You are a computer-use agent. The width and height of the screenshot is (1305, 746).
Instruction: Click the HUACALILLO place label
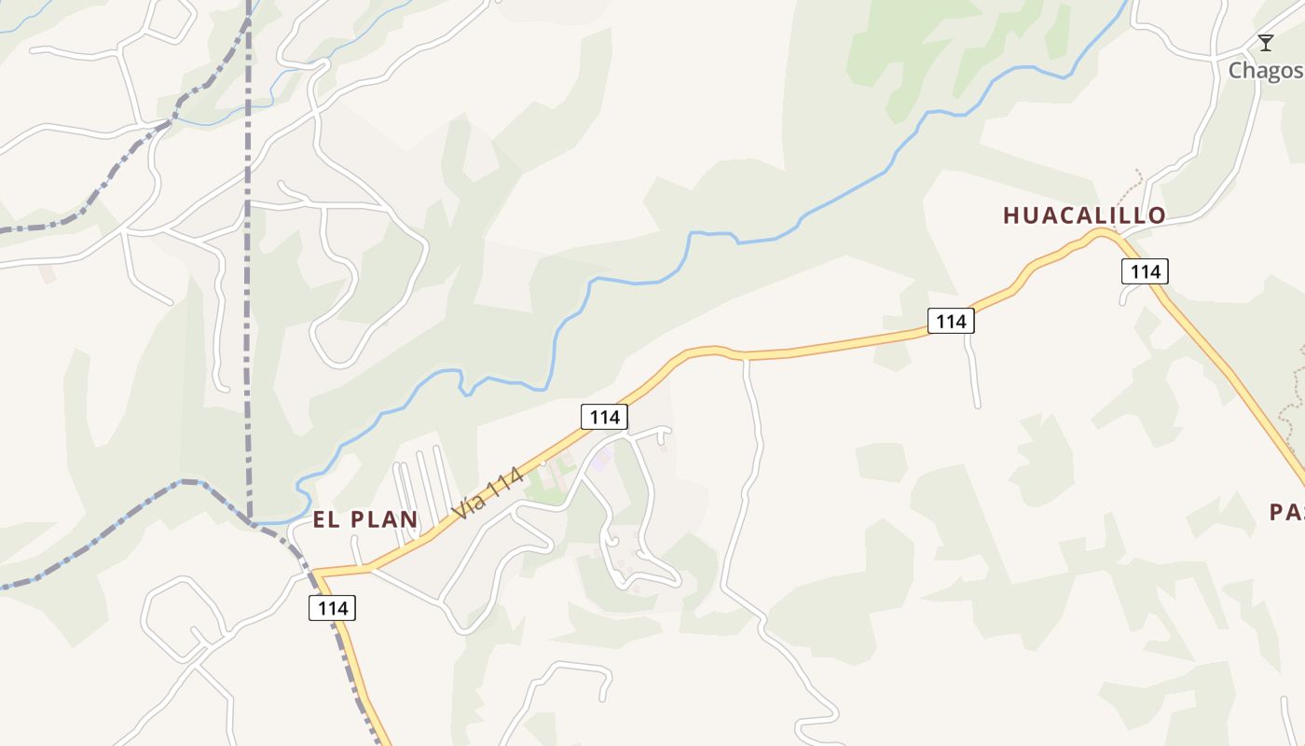tap(1084, 215)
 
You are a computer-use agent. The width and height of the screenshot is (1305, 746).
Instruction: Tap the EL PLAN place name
tap(364, 519)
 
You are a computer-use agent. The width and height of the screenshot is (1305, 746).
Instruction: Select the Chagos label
tap(1264, 70)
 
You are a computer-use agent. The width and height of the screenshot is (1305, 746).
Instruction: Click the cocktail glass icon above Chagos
tap(1265, 43)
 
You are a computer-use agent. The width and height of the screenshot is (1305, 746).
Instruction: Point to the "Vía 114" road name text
tap(487, 491)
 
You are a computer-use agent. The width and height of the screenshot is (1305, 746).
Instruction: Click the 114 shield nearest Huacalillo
tap(1144, 271)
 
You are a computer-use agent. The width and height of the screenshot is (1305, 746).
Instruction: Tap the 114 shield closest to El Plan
tap(332, 608)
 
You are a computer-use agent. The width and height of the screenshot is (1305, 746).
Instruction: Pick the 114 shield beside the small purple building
tap(604, 417)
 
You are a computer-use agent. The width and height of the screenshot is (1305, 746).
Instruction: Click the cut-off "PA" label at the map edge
tap(1286, 512)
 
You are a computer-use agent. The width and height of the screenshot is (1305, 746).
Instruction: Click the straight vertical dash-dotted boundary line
tap(248, 280)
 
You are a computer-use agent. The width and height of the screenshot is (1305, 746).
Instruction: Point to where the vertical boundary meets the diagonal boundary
tap(250, 520)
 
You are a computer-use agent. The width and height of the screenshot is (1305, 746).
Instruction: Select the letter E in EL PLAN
tap(319, 519)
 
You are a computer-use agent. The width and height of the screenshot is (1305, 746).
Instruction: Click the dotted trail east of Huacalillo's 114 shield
tap(1294, 392)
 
